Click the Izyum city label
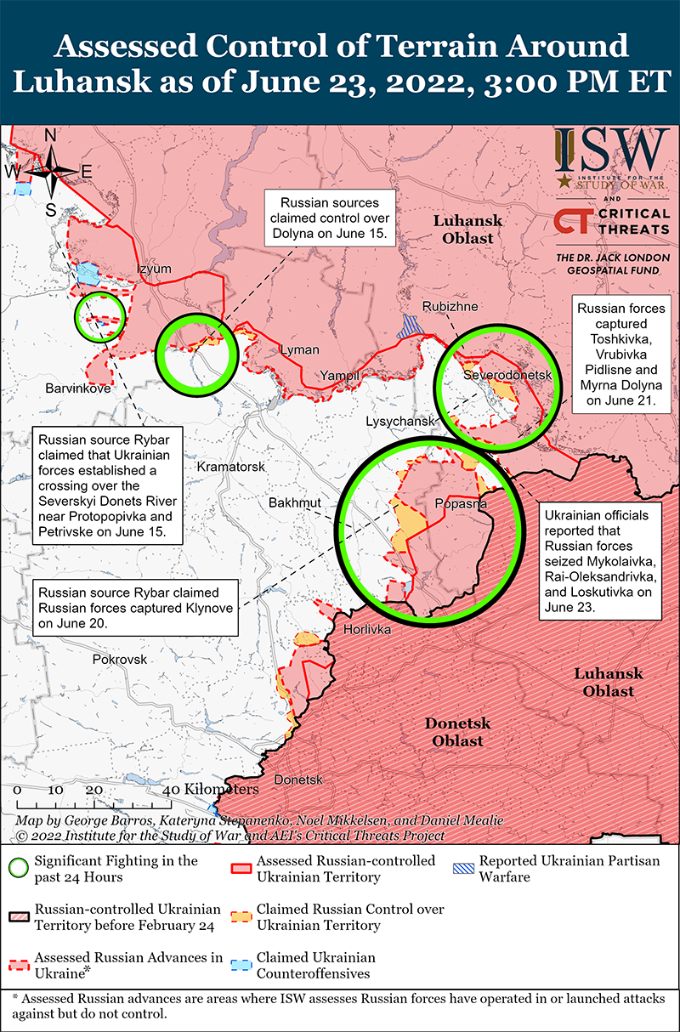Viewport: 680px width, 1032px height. point(154,269)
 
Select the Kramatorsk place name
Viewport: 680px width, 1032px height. point(231,468)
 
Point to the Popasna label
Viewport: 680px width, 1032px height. point(460,503)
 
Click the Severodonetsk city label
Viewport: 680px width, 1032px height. point(508,375)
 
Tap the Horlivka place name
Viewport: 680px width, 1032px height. point(367,630)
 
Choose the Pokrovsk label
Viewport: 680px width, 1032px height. point(120,659)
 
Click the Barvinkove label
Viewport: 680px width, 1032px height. point(78,388)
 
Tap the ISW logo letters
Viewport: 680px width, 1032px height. point(611,150)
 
